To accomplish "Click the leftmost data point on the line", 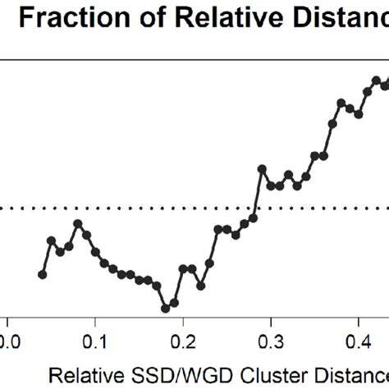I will pos(43,274).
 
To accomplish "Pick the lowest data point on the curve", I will pos(165,309).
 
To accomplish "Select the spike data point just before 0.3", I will pos(262,169).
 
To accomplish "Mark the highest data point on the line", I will pos(377,80).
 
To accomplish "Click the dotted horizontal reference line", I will pos(123,208).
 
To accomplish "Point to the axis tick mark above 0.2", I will pos(183,319).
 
